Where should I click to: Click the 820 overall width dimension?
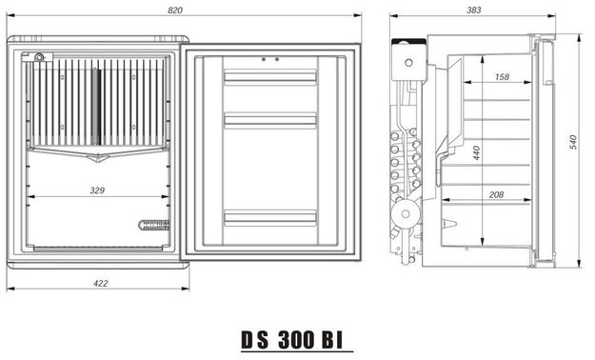(175, 10)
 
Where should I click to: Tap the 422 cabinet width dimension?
(101, 283)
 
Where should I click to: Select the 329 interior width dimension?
(97, 190)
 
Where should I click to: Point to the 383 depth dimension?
(473, 10)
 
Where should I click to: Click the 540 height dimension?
(573, 142)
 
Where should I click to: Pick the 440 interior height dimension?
(476, 152)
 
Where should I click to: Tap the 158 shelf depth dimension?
(502, 77)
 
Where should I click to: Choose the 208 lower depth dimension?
(496, 195)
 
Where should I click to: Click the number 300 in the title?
(296, 339)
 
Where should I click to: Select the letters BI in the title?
(333, 339)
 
